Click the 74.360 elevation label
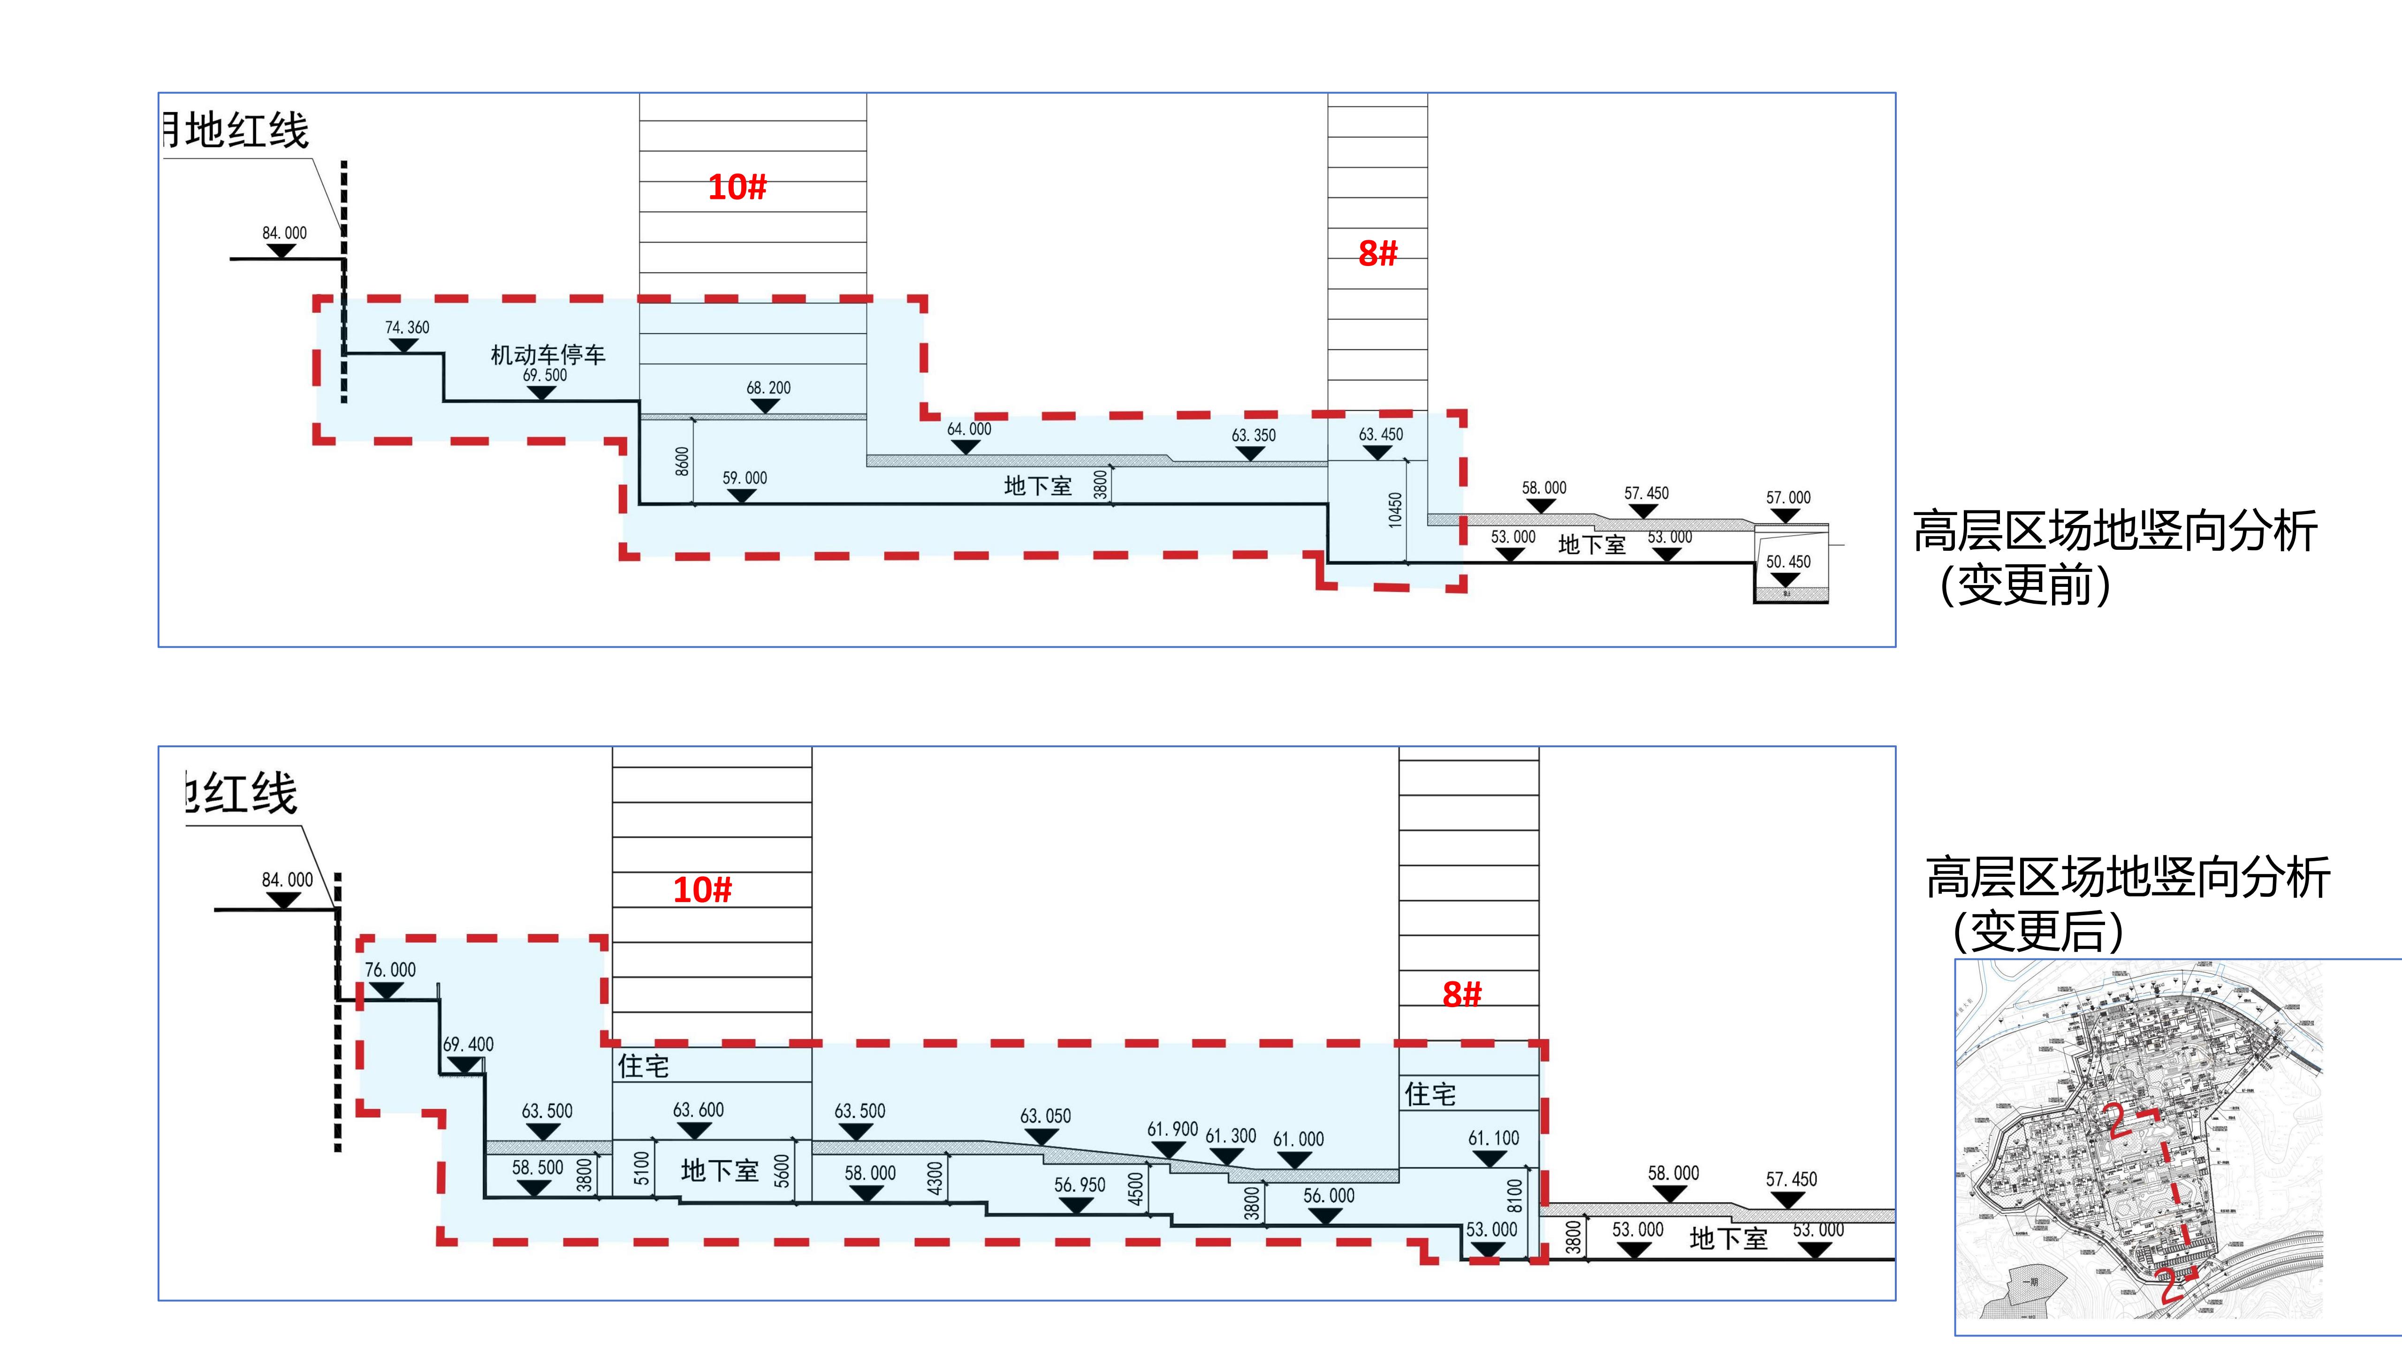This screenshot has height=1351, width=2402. pyautogui.click(x=408, y=327)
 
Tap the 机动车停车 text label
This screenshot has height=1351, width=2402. pyautogui.click(x=548, y=354)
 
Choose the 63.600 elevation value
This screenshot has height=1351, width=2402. pyautogui.click(x=699, y=1109)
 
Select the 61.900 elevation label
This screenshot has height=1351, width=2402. pyautogui.click(x=1172, y=1129)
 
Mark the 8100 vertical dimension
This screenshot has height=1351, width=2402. pyautogui.click(x=1514, y=1195)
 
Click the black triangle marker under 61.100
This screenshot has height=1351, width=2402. pyautogui.click(x=1490, y=1159)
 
